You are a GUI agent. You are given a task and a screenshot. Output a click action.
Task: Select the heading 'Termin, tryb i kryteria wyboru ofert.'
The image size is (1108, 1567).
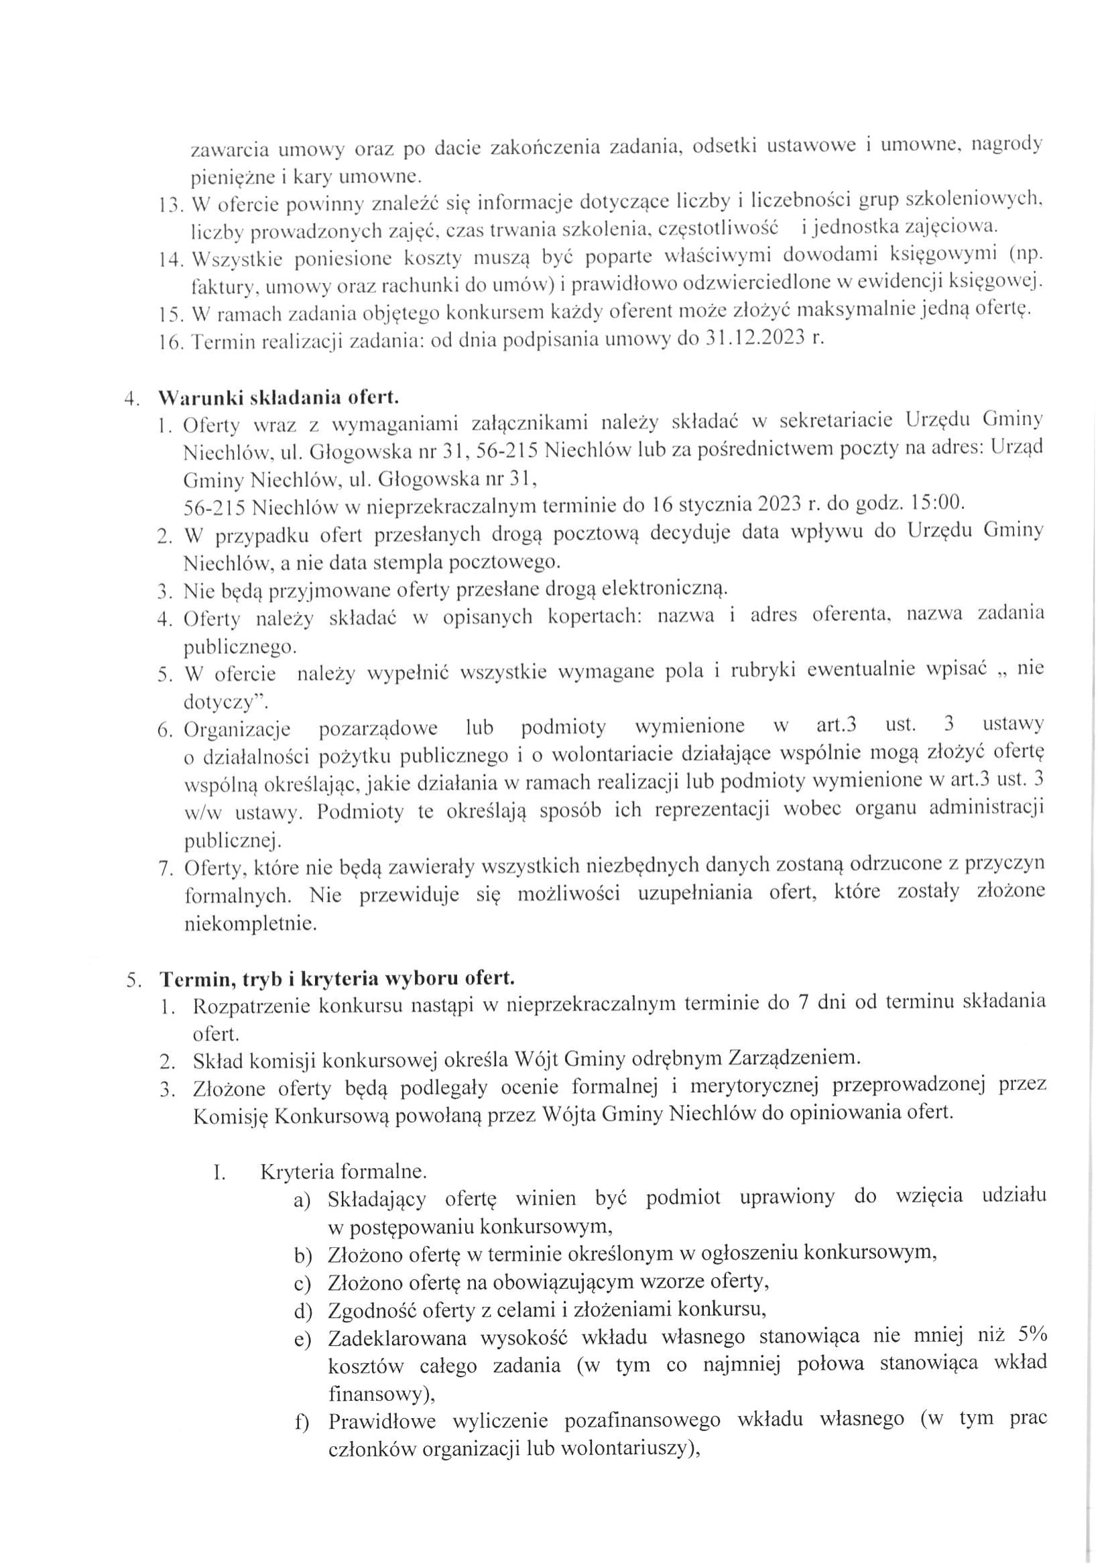[x=336, y=978]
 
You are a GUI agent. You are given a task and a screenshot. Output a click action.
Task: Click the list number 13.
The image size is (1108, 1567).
[x=170, y=204]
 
